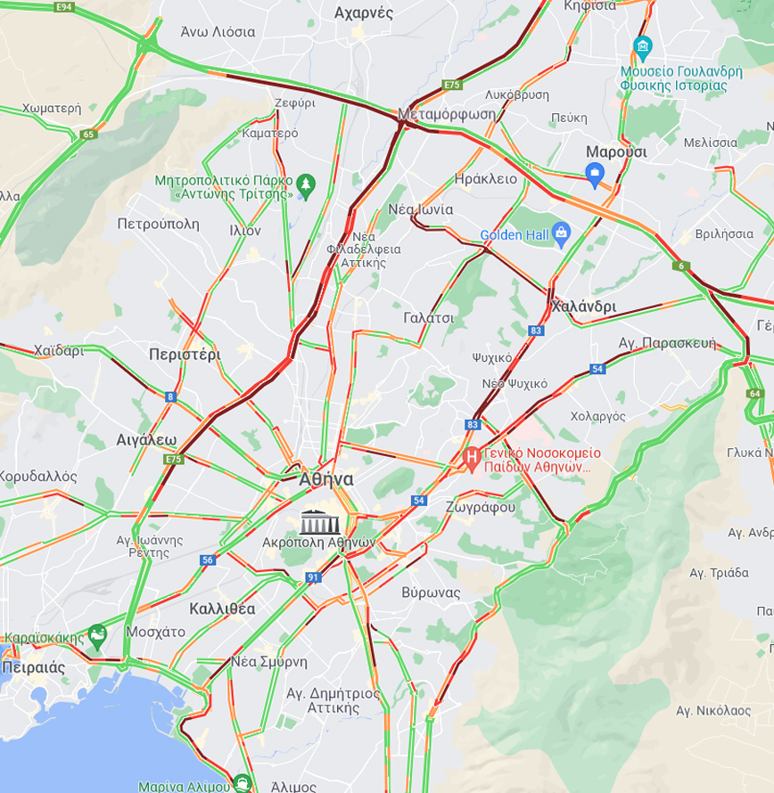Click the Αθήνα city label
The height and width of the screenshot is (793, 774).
(326, 479)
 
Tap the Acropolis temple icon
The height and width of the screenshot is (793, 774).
(319, 521)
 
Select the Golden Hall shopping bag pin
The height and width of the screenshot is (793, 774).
(561, 234)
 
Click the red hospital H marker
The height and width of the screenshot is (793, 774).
(472, 460)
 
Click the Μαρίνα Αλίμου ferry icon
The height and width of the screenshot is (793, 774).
(241, 785)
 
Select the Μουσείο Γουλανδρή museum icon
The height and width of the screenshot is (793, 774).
(642, 47)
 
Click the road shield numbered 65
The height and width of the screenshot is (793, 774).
(87, 135)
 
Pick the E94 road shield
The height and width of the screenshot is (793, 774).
(63, 7)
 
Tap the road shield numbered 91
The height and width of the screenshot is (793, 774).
(313, 577)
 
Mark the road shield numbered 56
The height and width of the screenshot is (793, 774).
(208, 560)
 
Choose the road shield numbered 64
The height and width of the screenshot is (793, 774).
(755, 393)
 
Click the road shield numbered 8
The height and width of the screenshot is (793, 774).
(170, 396)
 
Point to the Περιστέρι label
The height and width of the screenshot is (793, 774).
(185, 354)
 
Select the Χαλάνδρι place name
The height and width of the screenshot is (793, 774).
(583, 307)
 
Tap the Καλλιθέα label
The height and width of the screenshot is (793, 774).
(222, 609)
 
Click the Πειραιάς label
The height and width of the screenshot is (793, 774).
(33, 666)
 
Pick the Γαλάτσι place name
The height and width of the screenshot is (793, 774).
(428, 318)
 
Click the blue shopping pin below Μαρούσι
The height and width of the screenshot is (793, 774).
(596, 174)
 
